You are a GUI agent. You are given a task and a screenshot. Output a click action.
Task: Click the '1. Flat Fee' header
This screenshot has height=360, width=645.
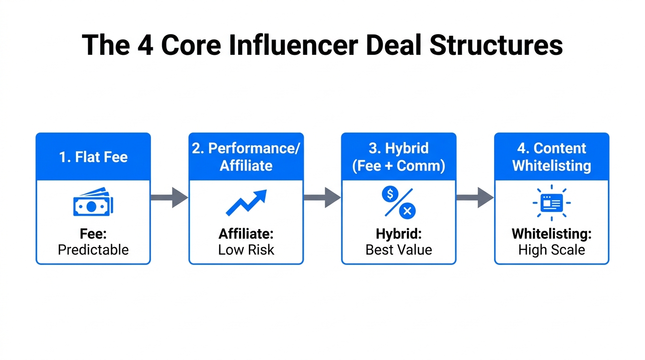pos(93,157)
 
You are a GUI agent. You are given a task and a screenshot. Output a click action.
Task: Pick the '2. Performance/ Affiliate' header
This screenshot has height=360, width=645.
pos(246,157)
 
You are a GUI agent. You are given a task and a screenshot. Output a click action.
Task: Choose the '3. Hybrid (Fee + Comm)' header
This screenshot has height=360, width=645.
pos(399,157)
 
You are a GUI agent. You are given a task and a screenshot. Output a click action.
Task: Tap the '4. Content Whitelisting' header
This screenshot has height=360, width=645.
pos(552,157)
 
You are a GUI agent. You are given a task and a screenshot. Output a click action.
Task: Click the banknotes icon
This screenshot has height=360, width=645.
pos(93,203)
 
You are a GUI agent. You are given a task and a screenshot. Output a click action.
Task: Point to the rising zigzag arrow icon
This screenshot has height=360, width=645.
pos(246,203)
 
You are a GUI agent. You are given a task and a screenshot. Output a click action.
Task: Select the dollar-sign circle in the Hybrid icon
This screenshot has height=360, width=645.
pos(390,194)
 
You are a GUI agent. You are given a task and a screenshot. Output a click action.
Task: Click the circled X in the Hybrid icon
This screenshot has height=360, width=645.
pos(407,211)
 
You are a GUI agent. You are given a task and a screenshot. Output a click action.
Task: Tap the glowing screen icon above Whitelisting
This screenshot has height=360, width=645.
pos(552,203)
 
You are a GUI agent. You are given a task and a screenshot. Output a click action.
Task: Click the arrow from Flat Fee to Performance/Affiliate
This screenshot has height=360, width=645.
pos(169,197)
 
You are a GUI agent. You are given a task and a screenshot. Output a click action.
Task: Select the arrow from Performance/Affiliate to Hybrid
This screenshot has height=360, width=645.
pos(322,197)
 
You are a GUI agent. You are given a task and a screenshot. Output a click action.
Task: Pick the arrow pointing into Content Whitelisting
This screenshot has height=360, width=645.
pos(475,197)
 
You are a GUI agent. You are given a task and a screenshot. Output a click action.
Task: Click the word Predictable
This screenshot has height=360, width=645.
pos(93,249)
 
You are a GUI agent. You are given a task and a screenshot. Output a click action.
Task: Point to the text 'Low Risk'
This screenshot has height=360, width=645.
pos(246,249)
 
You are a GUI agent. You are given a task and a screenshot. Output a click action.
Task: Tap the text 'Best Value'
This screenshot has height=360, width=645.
pos(399,249)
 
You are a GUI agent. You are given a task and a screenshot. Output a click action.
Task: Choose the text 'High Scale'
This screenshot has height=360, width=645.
pos(552,249)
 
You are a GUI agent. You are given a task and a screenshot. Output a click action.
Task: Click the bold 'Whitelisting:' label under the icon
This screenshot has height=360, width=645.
pos(552,233)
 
